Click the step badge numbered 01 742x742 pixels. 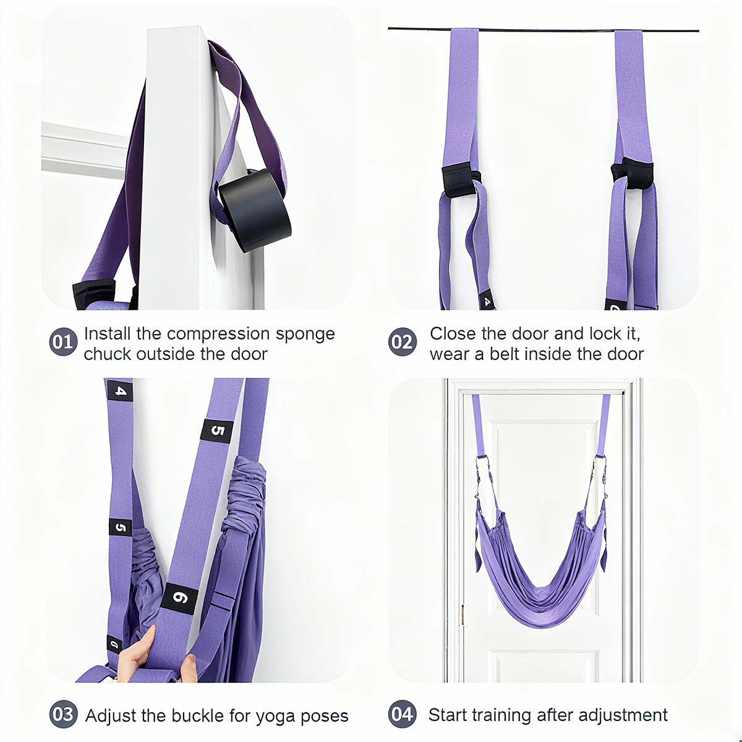pos(62,342)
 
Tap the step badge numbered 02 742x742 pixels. pos(403,342)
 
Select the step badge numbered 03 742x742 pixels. pos(62,714)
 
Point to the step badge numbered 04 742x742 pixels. pos(403,714)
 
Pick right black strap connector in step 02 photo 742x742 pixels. pos(633,172)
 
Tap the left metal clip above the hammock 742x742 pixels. pos(481,473)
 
